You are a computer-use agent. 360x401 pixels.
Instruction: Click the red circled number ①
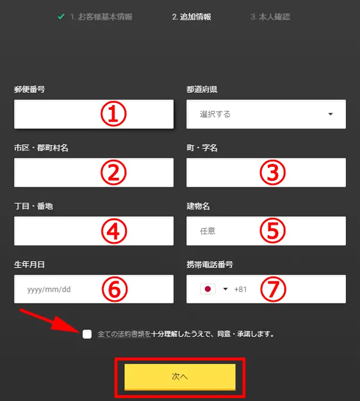[x=113, y=114]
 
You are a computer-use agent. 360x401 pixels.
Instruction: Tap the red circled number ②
[x=113, y=173]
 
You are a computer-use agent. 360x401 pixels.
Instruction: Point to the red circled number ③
[x=272, y=173]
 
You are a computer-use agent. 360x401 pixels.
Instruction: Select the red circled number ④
[x=114, y=231]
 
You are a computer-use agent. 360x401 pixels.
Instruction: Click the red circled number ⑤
[x=272, y=231]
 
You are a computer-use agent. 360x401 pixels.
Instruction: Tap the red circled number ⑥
[x=115, y=289]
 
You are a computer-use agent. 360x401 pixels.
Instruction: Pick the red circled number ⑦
[x=273, y=289]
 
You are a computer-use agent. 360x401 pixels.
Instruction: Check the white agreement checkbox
[x=87, y=334]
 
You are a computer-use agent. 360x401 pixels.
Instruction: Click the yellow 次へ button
[x=180, y=377]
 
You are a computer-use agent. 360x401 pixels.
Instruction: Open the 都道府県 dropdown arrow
[x=331, y=114]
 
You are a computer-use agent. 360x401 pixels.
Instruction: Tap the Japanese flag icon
[x=208, y=289]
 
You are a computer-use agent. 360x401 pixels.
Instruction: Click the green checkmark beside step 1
[x=61, y=16]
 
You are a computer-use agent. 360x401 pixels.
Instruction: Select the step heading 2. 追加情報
[x=191, y=17]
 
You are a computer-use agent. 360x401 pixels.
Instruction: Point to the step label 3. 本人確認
[x=271, y=17]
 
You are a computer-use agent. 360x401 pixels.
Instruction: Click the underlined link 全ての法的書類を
[x=124, y=334]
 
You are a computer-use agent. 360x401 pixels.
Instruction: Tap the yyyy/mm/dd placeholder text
[x=49, y=289]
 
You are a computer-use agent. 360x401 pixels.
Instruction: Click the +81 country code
[x=241, y=289]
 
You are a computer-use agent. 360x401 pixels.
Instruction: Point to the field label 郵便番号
[x=29, y=89]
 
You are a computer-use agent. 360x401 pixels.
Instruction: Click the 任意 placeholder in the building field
[x=207, y=231]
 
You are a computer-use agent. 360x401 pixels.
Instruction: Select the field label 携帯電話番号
[x=210, y=264]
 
